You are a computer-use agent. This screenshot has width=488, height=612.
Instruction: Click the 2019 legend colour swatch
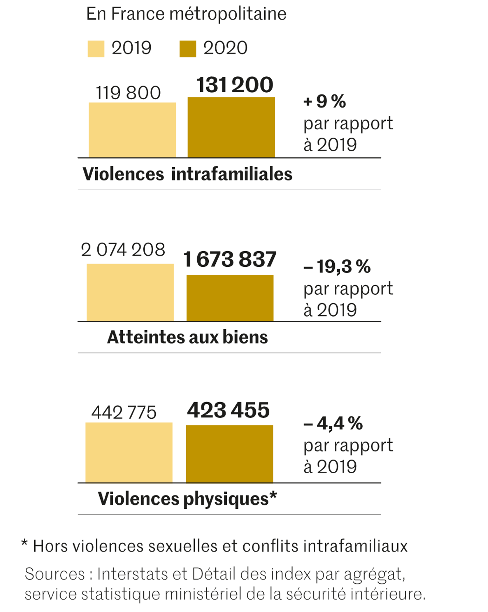coord(96,49)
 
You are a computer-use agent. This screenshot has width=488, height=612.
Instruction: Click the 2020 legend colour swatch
coord(187,49)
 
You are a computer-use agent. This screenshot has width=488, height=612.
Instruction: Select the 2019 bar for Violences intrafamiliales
coord(132,130)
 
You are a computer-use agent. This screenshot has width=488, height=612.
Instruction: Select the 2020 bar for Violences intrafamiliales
coord(231,127)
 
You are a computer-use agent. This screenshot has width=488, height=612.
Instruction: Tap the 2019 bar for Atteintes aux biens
coord(130,292)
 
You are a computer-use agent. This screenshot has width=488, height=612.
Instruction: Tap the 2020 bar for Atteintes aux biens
coord(230,298)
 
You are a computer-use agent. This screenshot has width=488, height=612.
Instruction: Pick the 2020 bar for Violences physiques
coord(230,454)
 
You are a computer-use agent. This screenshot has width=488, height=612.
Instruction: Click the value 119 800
coord(128,93)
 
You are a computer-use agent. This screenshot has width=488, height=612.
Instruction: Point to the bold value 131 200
coord(235,85)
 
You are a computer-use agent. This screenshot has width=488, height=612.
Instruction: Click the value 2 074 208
coord(123,250)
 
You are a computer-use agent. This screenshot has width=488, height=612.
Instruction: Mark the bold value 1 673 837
coord(230,259)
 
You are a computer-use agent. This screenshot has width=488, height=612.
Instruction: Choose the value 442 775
coord(124,412)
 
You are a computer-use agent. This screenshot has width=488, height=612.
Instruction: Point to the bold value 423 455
coord(228,410)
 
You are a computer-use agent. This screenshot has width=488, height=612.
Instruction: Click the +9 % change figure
coord(325,101)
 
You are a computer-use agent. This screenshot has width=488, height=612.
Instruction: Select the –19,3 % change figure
coord(337,266)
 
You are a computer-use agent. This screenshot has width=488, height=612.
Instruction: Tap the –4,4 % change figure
coord(333,423)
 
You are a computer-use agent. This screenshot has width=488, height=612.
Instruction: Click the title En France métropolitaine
coord(186,14)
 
